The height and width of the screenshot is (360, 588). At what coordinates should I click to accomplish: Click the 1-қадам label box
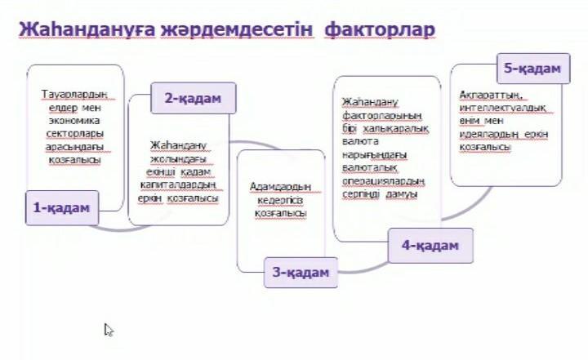point(62,208)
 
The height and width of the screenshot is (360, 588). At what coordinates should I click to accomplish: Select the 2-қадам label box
point(193,98)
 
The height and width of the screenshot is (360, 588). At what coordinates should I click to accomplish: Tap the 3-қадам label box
point(301,272)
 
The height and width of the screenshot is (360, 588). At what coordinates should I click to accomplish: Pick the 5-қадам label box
point(532,69)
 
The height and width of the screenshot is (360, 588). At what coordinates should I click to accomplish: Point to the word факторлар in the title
point(379,31)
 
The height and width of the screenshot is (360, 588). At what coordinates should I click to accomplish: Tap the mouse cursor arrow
point(109,329)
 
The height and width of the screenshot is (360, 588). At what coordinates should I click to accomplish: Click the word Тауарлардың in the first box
point(74,95)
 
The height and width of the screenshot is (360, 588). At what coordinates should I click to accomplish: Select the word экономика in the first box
point(74,121)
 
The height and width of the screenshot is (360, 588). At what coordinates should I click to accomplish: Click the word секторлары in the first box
point(74,134)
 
